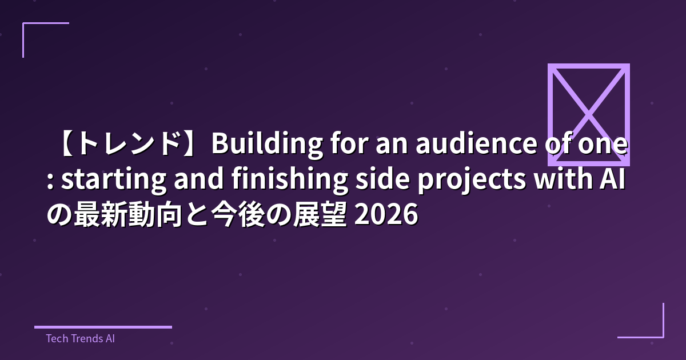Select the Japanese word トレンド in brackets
coord(128,145)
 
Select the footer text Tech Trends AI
coord(80,338)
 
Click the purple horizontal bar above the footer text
coord(103,327)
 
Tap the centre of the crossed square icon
coord(589,114)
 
